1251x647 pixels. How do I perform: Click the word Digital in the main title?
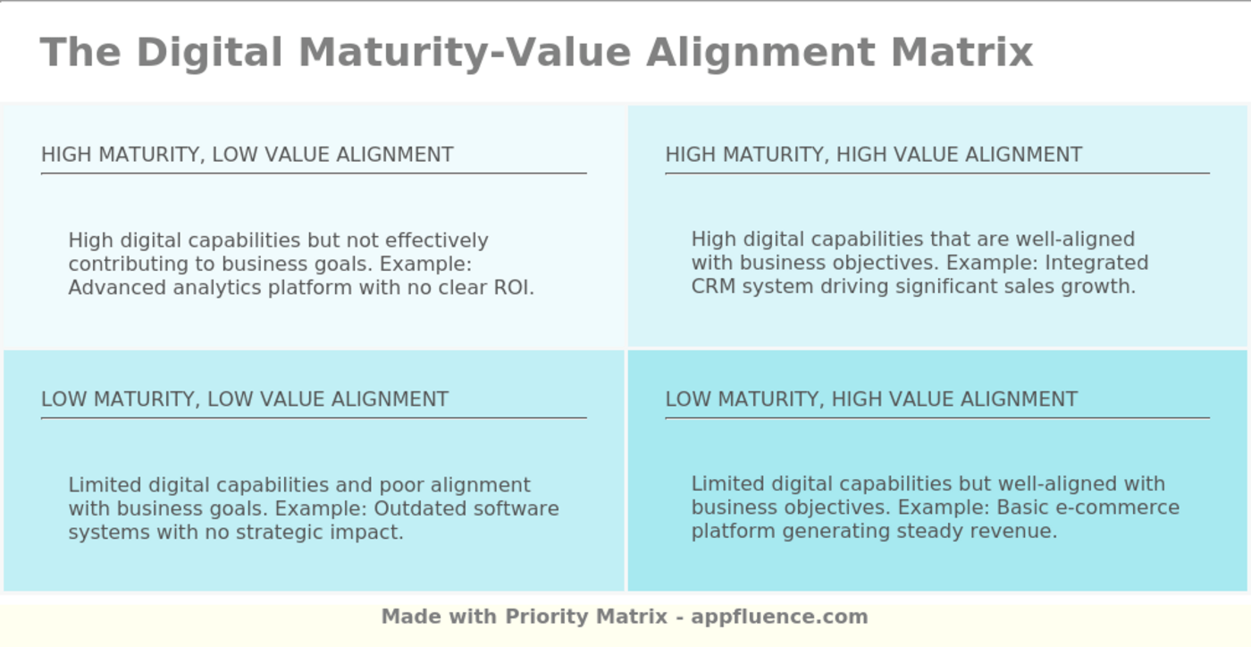pos(209,52)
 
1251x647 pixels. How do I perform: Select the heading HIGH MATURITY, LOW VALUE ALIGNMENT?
pos(248,155)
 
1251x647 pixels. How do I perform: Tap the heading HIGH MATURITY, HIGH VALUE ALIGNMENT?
pos(873,155)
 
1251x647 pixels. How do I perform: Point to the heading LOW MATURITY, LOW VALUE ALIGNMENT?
pos(245,399)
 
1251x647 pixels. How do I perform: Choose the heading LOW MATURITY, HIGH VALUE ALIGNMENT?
pos(871,399)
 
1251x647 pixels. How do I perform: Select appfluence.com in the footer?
pos(779,617)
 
